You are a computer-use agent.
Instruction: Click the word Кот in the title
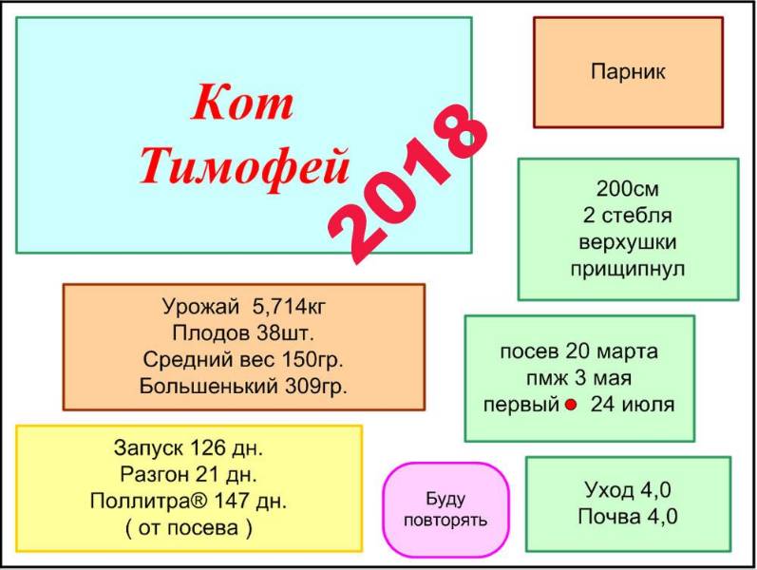[242, 103]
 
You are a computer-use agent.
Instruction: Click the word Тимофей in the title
[245, 166]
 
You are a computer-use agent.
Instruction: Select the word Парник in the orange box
[628, 71]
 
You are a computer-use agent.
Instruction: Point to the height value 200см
[628, 189]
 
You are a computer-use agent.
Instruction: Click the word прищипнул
[628, 269]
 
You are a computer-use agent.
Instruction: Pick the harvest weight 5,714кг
[289, 307]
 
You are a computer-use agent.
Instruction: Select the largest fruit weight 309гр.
[315, 386]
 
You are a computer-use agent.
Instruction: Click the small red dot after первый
[571, 405]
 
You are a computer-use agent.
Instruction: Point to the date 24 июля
[633, 405]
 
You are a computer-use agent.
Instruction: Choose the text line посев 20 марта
[578, 351]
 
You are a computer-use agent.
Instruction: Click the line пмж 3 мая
[578, 378]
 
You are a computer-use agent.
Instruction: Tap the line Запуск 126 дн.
[188, 448]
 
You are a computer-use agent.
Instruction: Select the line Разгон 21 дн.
[188, 474]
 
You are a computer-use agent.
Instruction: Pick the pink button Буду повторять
[445, 509]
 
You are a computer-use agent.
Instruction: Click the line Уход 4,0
[628, 490]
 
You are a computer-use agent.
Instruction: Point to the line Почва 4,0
[628, 517]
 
